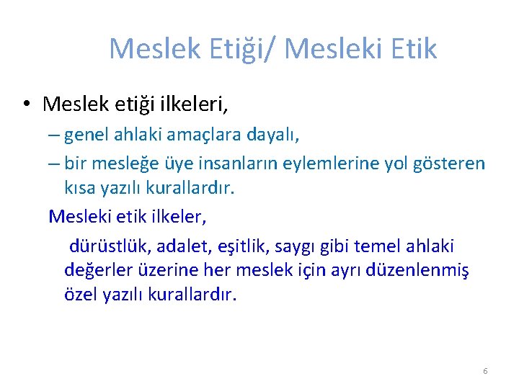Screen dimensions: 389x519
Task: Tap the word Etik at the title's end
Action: coord(411,49)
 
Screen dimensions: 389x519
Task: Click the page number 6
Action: coord(485,371)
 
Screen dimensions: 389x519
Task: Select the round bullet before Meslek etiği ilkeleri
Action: coord(25,104)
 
